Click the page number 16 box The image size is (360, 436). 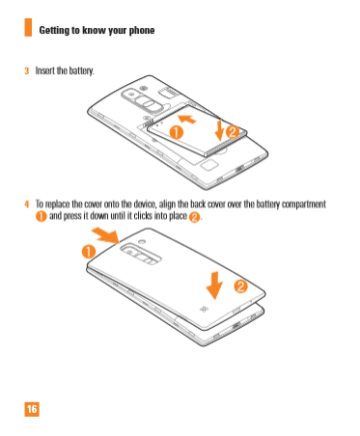tap(32, 409)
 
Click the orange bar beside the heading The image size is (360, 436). tap(28, 27)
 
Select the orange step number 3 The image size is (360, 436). tap(27, 70)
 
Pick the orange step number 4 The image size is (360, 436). tap(27, 204)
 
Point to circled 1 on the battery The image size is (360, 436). tap(177, 132)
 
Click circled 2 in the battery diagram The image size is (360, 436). tap(233, 132)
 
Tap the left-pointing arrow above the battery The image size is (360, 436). tap(187, 119)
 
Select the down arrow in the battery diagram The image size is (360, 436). tap(219, 130)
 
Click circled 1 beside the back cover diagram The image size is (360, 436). tap(89, 252)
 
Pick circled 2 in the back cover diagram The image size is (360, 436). tap(240, 286)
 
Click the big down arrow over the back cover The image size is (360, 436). tap(214, 286)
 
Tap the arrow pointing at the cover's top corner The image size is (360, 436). tap(106, 235)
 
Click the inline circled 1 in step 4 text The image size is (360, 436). tap(42, 216)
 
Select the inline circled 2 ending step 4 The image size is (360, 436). tap(194, 217)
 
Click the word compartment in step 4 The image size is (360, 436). tap(304, 204)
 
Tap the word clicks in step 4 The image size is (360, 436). tap(143, 215)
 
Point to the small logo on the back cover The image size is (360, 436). tap(204, 309)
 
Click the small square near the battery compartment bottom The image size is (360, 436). tap(209, 165)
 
